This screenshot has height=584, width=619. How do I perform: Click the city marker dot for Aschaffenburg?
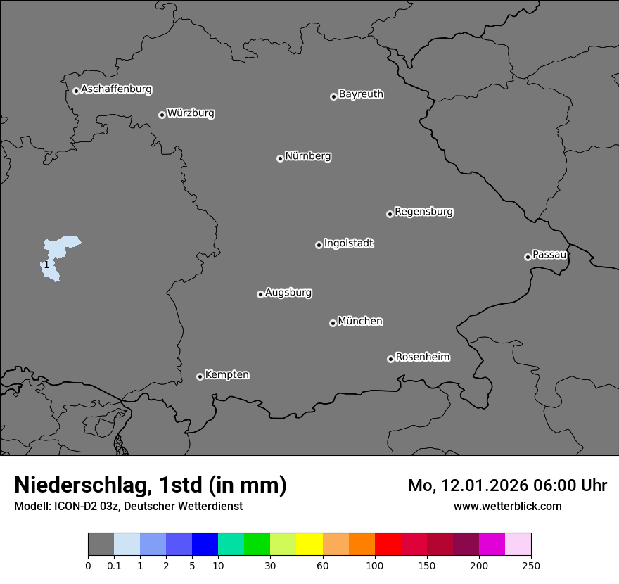tap(76, 91)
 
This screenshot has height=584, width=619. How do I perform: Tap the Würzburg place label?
tap(191, 113)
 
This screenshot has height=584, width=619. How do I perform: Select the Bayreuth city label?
tap(361, 94)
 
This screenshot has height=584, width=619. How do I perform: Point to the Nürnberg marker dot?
tap(280, 158)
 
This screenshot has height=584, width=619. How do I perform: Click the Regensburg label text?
tap(423, 212)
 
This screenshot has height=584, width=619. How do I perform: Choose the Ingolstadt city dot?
tap(319, 245)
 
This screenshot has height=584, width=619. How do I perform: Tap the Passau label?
tap(549, 255)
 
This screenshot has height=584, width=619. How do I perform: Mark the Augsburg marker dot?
tap(260, 294)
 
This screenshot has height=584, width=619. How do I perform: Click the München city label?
tap(360, 322)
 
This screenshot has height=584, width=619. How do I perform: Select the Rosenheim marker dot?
tap(390, 360)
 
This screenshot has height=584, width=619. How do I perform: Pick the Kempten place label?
tap(226, 375)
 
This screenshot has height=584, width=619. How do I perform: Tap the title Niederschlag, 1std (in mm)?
tap(151, 485)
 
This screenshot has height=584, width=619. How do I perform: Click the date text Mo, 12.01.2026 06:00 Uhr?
tap(507, 485)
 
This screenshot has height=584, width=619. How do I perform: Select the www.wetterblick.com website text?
tap(507, 506)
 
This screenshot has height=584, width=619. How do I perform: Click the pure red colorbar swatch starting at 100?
tap(388, 545)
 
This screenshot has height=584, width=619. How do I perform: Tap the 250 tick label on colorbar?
tap(531, 565)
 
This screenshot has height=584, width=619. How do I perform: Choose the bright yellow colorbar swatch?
tap(309, 545)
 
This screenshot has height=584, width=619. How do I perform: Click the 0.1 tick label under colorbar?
tap(113, 565)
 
